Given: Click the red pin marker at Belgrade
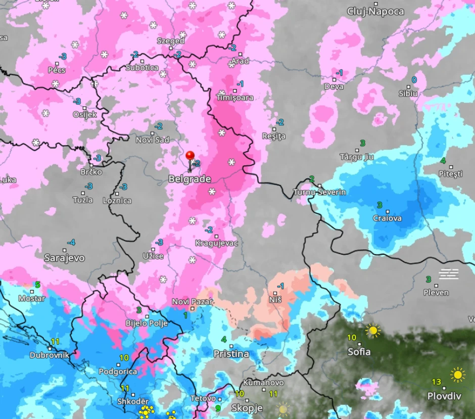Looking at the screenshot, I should (x=190, y=156).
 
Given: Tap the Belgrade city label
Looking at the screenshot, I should (x=189, y=179).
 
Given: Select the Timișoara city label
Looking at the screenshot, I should (x=235, y=98).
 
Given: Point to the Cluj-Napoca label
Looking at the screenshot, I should (x=376, y=11).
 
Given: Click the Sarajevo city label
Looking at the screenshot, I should (x=64, y=258).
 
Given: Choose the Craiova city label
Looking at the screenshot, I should (x=387, y=218).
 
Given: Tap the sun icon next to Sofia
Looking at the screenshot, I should (x=373, y=331).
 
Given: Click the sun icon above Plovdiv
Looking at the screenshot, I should (x=458, y=375).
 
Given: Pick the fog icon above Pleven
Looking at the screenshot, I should (x=448, y=274).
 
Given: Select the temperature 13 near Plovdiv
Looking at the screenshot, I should (x=437, y=382).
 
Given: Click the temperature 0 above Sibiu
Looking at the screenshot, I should (x=414, y=80).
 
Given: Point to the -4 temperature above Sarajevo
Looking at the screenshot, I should (x=71, y=243).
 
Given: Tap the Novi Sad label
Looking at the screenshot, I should (x=152, y=140).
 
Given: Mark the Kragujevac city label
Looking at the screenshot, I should (x=216, y=243).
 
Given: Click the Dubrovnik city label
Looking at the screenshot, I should (x=49, y=355).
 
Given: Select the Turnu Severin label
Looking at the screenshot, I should (x=319, y=192).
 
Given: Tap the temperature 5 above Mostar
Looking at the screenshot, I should (x=37, y=285).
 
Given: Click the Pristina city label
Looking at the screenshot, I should (x=231, y=354).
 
